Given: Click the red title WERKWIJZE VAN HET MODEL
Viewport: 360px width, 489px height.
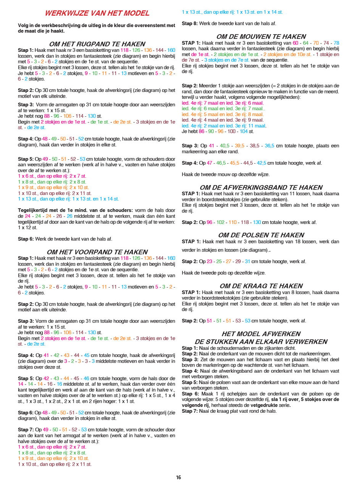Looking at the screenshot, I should [x=97, y=13].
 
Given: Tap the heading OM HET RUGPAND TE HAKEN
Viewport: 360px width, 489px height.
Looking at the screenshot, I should [x=97, y=44].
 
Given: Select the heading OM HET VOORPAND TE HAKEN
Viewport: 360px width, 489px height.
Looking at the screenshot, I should [x=97, y=252].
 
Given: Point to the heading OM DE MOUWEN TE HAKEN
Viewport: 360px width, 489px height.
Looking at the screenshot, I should [x=261, y=37].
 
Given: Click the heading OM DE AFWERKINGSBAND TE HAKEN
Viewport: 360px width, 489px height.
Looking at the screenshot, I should [x=261, y=188].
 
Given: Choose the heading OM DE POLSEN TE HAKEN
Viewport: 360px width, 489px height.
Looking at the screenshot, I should [x=261, y=235].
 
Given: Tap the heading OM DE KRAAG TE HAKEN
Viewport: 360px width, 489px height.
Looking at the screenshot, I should [x=261, y=286].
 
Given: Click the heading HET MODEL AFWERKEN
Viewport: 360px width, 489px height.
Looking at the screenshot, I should [x=261, y=334].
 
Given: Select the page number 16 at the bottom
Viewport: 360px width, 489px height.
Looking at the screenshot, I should [x=178, y=477].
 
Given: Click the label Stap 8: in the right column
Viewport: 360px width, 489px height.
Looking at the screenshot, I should [x=190, y=24].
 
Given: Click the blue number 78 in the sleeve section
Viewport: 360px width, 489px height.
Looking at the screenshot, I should [x=336, y=43].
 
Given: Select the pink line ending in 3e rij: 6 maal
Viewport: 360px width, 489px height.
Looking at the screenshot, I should [x=223, y=103].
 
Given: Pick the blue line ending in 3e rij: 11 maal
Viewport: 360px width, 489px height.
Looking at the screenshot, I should [x=224, y=126].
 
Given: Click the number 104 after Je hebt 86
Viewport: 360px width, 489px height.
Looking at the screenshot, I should [x=244, y=132].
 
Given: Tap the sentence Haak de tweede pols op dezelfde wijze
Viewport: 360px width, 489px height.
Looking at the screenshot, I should [x=223, y=273].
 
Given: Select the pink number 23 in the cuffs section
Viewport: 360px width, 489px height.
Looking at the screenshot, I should [x=209, y=262].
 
